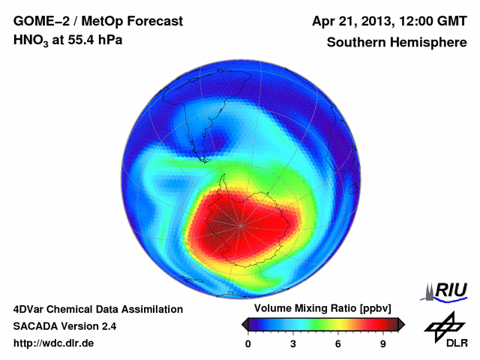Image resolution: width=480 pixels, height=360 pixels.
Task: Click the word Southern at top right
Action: click(x=355, y=43)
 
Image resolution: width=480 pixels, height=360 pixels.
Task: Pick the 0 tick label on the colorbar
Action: click(x=248, y=343)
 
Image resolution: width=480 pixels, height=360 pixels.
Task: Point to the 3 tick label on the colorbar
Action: click(x=293, y=343)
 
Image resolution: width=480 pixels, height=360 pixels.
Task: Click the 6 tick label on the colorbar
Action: click(x=338, y=343)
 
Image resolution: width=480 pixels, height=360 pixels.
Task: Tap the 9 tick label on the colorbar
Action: click(x=382, y=343)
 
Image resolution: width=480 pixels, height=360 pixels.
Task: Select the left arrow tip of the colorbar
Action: click(x=244, y=324)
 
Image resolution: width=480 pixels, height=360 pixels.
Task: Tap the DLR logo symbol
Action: click(x=444, y=326)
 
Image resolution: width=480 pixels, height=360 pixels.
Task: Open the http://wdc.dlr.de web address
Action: click(x=54, y=343)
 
